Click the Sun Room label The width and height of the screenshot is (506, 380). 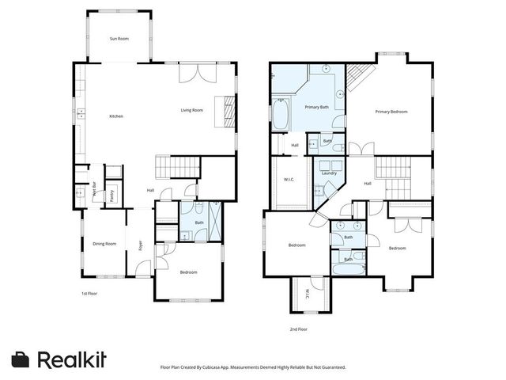click(119, 39)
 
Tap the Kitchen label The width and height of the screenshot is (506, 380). click(116, 116)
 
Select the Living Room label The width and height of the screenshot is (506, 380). click(192, 110)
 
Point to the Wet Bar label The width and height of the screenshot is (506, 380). click(94, 191)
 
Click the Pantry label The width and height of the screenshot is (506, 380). click(112, 196)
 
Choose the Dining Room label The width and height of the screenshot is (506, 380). click(105, 244)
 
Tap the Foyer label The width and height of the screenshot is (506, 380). click(141, 245)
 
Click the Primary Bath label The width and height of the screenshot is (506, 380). click(317, 107)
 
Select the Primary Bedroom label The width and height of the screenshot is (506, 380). click(391, 112)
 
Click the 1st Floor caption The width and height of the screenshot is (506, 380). click(89, 294)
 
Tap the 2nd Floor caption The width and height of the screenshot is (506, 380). click(298, 329)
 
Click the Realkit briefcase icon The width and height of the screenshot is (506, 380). click(21, 359)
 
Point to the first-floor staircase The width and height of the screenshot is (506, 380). click(164, 168)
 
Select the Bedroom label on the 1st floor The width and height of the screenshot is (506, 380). click(188, 272)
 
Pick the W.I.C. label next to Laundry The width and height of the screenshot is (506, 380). click(289, 180)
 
